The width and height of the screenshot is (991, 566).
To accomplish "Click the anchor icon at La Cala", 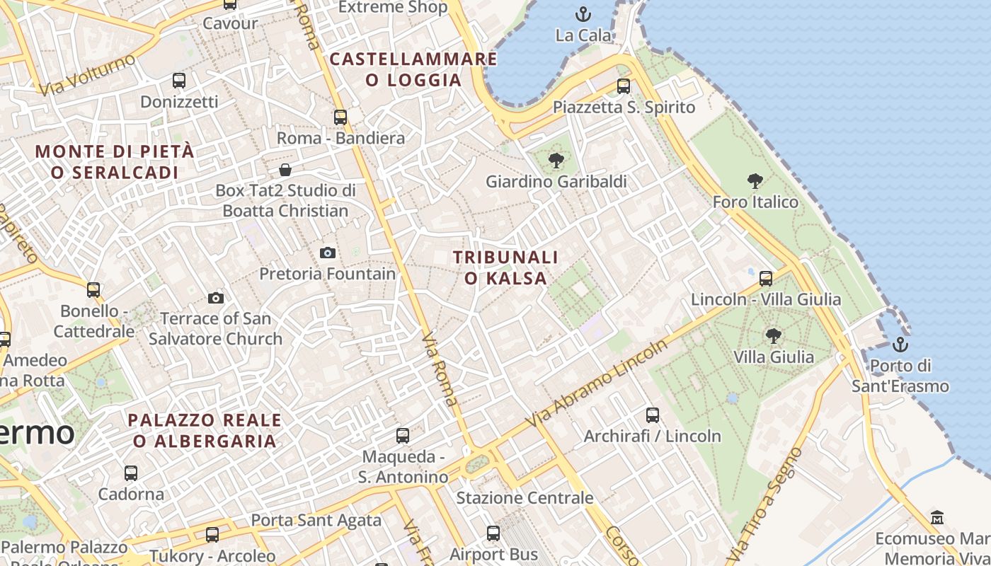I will point(583,13).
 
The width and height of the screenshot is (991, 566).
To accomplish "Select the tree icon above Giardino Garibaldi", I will point(556,160).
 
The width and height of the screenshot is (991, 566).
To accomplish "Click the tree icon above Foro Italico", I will point(755,181).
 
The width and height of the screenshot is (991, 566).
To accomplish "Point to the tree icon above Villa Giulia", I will point(773,335).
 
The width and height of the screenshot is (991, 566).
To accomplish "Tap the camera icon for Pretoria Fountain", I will point(328,253).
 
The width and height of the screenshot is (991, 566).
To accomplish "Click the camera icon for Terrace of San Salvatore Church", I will point(216,298).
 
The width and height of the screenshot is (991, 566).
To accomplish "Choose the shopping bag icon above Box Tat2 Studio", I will point(285,170).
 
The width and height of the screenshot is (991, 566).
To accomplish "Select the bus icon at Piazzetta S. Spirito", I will point(623,86).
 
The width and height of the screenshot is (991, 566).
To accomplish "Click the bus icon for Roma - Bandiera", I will point(340,117).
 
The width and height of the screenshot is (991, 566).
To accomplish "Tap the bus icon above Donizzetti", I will point(179,81).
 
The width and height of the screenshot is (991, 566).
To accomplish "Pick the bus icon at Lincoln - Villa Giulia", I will point(766,278).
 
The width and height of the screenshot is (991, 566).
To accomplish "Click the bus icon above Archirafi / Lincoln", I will point(653,415).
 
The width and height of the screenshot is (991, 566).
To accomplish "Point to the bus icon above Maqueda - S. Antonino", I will point(403,436).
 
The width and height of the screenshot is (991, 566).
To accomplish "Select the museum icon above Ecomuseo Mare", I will point(937,517).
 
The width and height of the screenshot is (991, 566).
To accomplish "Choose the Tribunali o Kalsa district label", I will point(505,267).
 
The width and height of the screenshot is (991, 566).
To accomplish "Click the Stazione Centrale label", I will point(525,498).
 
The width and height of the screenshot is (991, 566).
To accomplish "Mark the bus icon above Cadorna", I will point(131,473).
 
